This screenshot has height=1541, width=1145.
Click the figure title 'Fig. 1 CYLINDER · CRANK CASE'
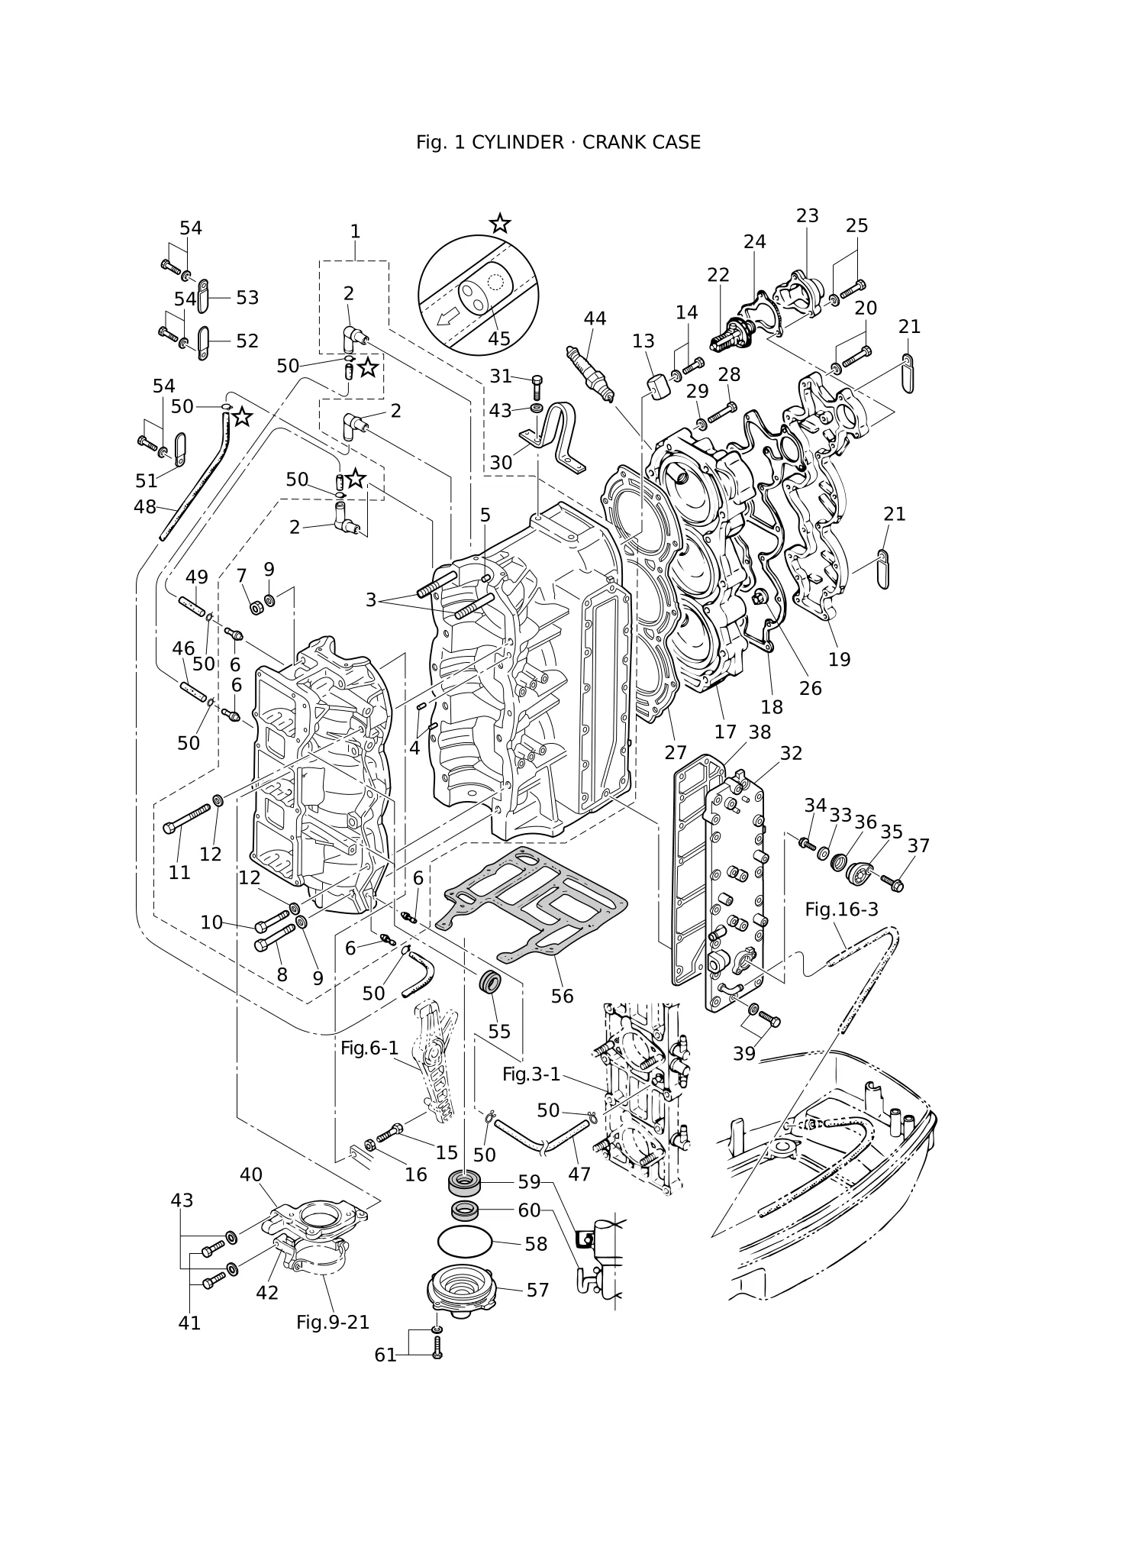point(558,142)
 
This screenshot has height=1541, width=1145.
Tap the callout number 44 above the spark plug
point(595,318)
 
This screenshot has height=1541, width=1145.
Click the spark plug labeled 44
point(590,373)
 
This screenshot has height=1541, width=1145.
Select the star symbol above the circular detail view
point(500,223)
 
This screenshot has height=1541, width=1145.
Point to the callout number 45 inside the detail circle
point(498,338)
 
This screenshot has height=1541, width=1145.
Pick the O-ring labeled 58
point(464,1241)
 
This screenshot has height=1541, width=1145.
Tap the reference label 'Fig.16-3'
point(841,909)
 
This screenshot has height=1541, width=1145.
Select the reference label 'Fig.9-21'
point(333,1322)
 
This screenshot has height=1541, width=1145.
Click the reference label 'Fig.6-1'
point(369,1048)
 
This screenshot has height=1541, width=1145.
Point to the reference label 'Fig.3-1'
point(531,1074)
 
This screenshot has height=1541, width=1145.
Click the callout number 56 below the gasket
point(562,996)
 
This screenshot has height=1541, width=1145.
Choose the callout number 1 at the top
point(355,231)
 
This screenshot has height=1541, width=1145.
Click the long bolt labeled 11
point(187,818)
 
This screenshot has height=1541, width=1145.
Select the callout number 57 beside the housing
point(537,1290)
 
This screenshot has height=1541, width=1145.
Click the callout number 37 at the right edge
point(918,846)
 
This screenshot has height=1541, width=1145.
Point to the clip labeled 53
point(203,296)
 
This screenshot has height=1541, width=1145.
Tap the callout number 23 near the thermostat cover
point(807,216)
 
